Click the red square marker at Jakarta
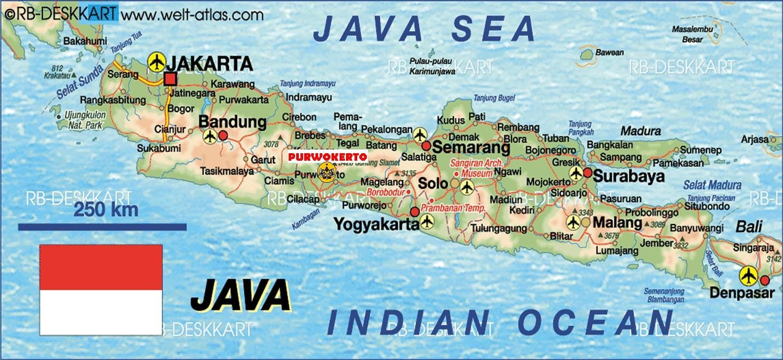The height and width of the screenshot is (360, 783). point(170,80)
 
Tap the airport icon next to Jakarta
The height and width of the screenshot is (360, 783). point(156,62)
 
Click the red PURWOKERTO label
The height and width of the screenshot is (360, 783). point(327,156)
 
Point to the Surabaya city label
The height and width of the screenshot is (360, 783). point(629,176)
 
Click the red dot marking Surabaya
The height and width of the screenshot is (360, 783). point(588,172)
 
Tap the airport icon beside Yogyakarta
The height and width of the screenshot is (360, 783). point(427,221)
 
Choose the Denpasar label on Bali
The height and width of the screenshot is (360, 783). point(742,293)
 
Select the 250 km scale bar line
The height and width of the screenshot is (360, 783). point(102,227)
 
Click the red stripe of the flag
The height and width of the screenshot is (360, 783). point(101,267)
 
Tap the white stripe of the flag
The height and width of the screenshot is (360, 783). point(101,312)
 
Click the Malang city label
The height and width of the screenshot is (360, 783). point(618,222)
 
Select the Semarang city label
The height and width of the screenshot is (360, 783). point(471,147)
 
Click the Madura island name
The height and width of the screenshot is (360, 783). point(641,131)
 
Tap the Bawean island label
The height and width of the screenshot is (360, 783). point(609,52)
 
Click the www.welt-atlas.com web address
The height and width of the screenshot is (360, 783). point(192,14)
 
